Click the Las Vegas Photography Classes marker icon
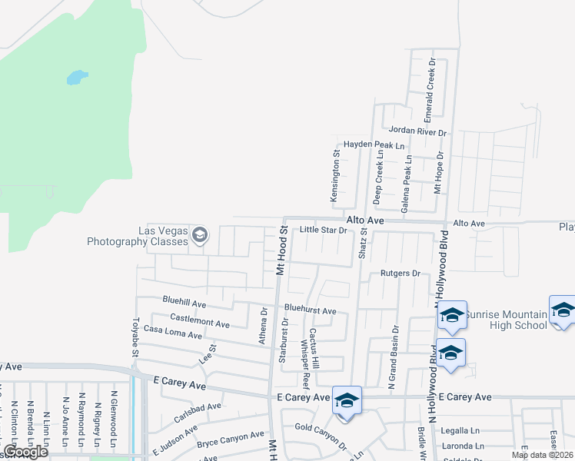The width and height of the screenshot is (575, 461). tap(200, 234)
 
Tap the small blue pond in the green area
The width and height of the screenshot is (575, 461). tap(77, 78)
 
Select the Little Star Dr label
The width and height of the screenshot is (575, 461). tap(324, 230)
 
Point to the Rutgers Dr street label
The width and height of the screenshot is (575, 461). tap(401, 274)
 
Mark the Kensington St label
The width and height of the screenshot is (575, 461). tap(334, 181)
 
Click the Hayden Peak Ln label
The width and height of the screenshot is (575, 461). tap(374, 144)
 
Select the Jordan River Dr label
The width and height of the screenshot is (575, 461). tap(417, 132)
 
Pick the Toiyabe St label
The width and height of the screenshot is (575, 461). tap(135, 338)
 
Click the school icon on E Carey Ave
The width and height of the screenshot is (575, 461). tap(347, 401)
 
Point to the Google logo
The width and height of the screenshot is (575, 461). tap(26, 452)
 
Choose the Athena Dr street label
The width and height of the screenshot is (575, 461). tap(264, 325)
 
